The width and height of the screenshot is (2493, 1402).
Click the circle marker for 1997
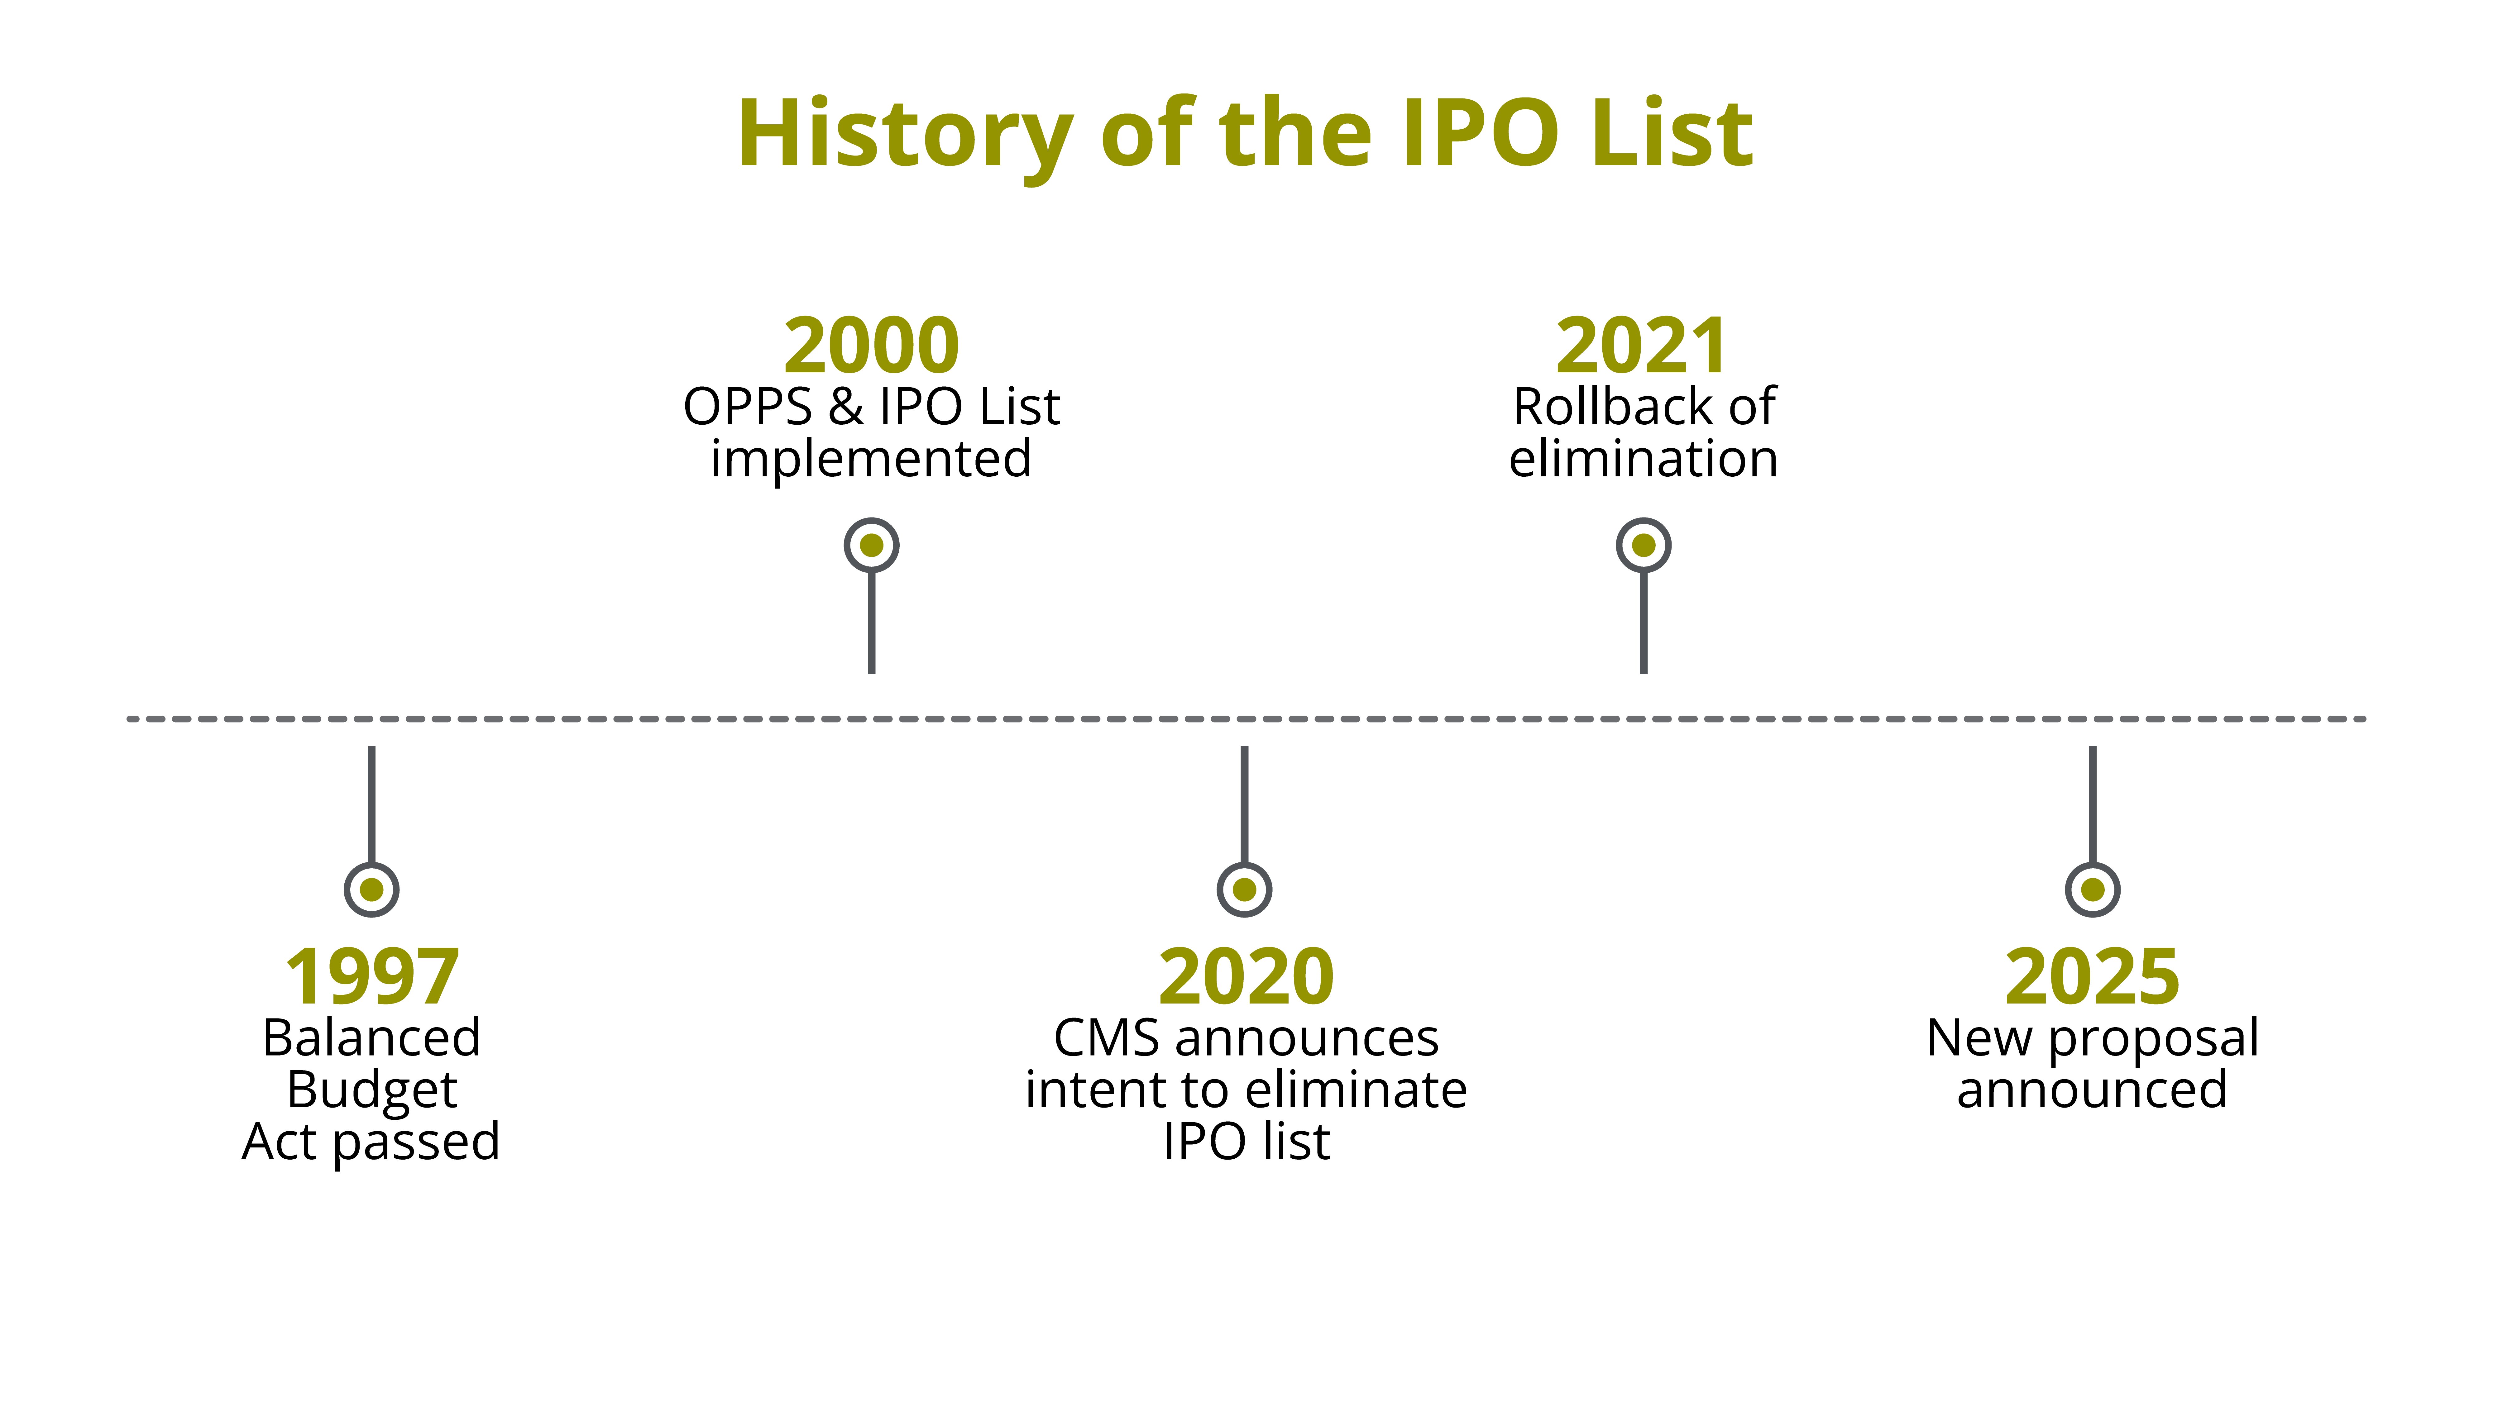pyautogui.click(x=372, y=889)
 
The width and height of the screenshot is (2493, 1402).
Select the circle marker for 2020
pyautogui.click(x=1245, y=889)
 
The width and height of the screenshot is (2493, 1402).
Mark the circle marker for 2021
pyautogui.click(x=1643, y=546)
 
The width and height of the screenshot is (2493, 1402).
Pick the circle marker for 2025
pyautogui.click(x=2092, y=889)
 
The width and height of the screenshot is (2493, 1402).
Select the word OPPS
pyautogui.click(x=747, y=406)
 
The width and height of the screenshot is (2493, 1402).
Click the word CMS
pyautogui.click(x=1106, y=1038)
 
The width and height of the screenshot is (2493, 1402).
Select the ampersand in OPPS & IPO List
pyautogui.click(x=845, y=406)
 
